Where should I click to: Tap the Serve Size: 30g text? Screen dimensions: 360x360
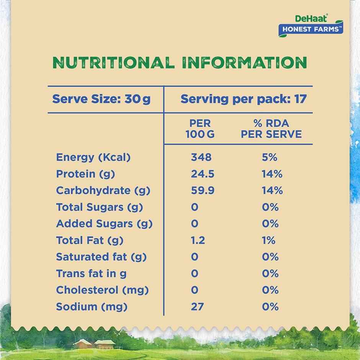point(101,99)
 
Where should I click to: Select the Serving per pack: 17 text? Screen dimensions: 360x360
point(244,99)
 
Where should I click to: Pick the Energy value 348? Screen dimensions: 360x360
point(201,157)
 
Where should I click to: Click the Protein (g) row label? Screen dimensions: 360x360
point(85,174)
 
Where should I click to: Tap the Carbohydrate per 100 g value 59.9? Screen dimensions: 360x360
point(203,191)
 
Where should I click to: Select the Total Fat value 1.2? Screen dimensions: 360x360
point(198,241)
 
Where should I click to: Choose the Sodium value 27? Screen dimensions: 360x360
point(197,307)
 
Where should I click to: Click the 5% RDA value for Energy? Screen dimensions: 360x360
point(270,157)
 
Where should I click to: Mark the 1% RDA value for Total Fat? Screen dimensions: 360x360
point(269,241)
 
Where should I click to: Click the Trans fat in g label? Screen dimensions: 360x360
point(91,273)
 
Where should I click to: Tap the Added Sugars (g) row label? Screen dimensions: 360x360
point(104,224)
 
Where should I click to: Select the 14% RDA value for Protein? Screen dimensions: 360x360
point(272,174)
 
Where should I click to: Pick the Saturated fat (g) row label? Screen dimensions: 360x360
point(101,257)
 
